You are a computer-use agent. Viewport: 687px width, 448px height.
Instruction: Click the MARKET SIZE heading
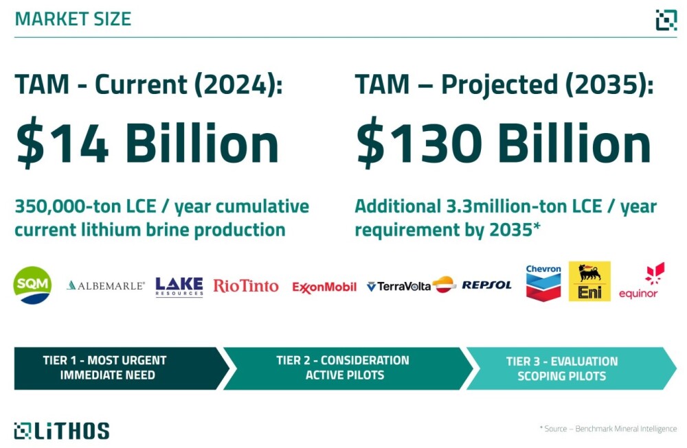pyautogui.click(x=74, y=19)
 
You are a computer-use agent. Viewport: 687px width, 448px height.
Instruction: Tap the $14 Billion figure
pyautogui.click(x=147, y=143)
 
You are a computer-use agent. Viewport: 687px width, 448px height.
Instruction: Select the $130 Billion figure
pyautogui.click(x=504, y=143)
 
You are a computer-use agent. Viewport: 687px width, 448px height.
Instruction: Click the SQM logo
pyautogui.click(x=32, y=285)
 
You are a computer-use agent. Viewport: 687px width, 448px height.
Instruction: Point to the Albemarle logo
pyautogui.click(x=106, y=285)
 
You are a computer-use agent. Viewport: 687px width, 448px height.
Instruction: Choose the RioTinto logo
pyautogui.click(x=246, y=286)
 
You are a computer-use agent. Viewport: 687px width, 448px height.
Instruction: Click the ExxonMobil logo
pyautogui.click(x=324, y=287)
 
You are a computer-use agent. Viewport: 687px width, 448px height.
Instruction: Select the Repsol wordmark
pyautogui.click(x=487, y=285)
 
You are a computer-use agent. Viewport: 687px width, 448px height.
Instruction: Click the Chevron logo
pyautogui.click(x=543, y=283)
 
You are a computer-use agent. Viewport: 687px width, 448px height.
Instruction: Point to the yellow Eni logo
pyautogui.click(x=589, y=281)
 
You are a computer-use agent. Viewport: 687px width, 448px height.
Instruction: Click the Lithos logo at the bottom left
pyautogui.click(x=62, y=431)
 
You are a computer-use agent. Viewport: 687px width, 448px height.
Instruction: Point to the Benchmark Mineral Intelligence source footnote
pyautogui.click(x=608, y=429)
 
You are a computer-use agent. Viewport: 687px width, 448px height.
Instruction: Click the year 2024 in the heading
pyautogui.click(x=231, y=84)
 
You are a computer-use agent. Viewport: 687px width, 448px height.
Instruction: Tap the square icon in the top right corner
pyautogui.click(x=666, y=20)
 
